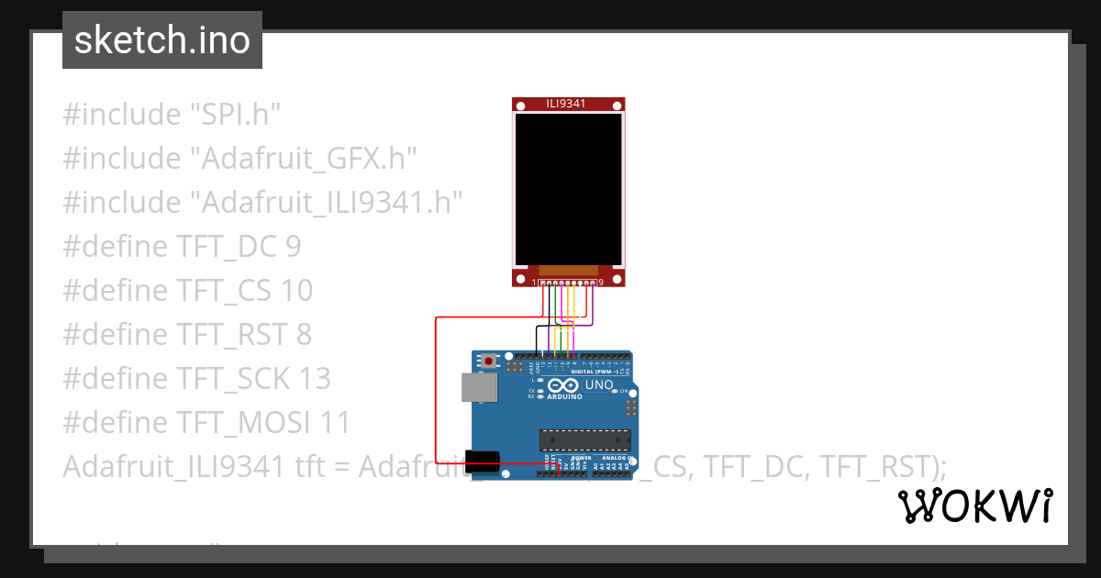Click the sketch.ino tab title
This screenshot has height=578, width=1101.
[x=161, y=40]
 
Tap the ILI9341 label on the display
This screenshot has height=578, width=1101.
[x=568, y=105]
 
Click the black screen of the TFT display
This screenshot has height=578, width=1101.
[x=568, y=189]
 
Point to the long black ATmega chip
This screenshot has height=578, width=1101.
[x=585, y=440]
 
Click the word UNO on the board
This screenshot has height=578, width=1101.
[x=599, y=385]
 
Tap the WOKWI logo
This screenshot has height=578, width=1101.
[x=974, y=506]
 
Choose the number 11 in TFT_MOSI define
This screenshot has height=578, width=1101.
[x=335, y=423]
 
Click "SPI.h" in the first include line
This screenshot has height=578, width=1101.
[x=234, y=115]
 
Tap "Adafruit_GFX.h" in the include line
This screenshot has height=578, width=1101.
[x=303, y=159]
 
